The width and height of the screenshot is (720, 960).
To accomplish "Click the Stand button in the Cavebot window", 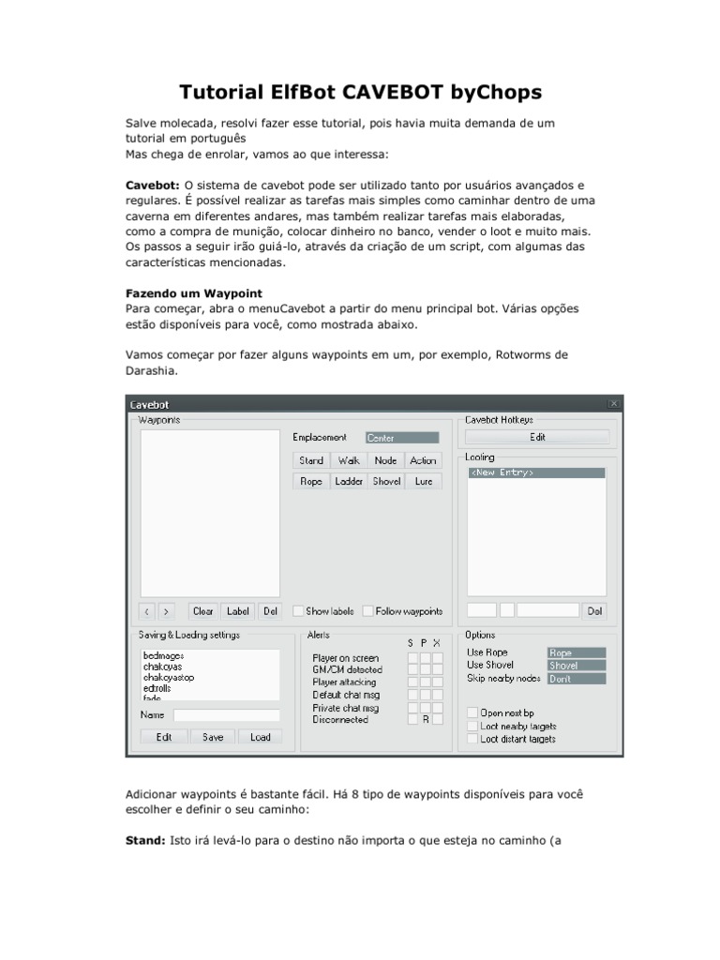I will pyautogui.click(x=311, y=460).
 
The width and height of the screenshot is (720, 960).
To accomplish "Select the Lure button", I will pyautogui.click(x=423, y=481).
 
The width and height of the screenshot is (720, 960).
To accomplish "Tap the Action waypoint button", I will pyautogui.click(x=423, y=460).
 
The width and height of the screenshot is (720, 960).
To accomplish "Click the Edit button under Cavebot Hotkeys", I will pyautogui.click(x=537, y=437).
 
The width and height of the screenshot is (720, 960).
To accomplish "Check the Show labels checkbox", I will pyautogui.click(x=299, y=611).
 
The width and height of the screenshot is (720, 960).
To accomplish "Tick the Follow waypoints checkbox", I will pyautogui.click(x=368, y=611).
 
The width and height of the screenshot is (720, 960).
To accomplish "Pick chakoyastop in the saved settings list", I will pyautogui.click(x=169, y=677).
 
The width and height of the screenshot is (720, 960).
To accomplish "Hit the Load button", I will pyautogui.click(x=260, y=737).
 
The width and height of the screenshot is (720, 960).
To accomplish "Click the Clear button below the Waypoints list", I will pyautogui.click(x=202, y=611).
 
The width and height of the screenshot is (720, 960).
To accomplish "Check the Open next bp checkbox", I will pyautogui.click(x=472, y=713).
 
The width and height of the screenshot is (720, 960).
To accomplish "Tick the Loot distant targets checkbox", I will pyautogui.click(x=472, y=739).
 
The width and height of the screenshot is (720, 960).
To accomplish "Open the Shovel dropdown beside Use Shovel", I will pyautogui.click(x=576, y=666).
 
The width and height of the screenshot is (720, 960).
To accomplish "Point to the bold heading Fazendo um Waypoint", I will pyautogui.click(x=194, y=292).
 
